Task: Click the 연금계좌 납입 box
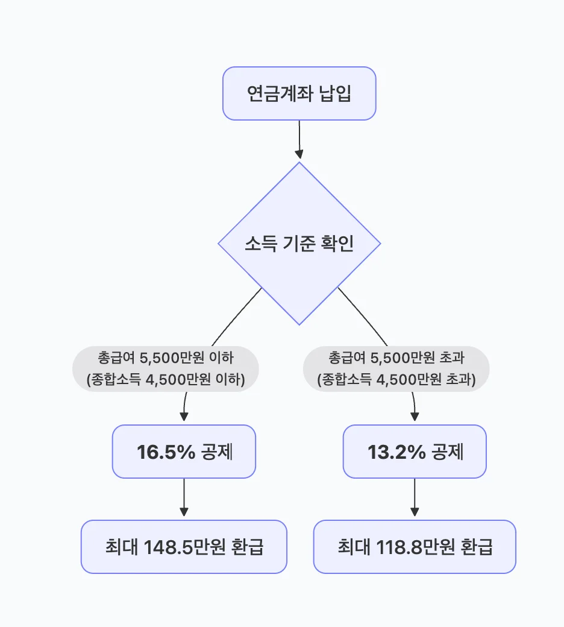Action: [x=299, y=93]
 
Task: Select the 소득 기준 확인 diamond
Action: [x=299, y=244]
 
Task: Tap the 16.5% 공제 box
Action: [x=184, y=452]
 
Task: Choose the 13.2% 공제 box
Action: [x=415, y=452]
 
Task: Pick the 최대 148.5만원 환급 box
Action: [x=184, y=547]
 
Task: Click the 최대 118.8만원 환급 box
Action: [x=415, y=547]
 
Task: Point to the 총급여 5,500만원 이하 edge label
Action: [x=166, y=358]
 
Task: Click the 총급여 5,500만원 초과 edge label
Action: [x=396, y=358]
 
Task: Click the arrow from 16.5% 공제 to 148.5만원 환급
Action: [x=184, y=499]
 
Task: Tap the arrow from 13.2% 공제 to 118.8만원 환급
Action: [x=415, y=499]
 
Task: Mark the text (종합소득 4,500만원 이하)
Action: [x=166, y=380]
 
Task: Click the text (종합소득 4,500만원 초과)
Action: [x=396, y=380]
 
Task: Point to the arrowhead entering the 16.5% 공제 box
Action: [x=184, y=417]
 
